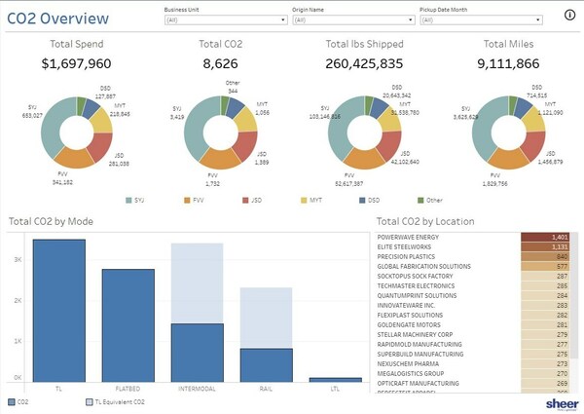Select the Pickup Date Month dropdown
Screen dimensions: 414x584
click(x=480, y=19)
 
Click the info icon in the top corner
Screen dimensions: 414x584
click(x=569, y=15)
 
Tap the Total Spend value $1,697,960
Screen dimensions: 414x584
click(x=77, y=63)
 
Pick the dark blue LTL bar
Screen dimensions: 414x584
click(x=334, y=379)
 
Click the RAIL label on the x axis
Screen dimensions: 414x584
click(x=265, y=388)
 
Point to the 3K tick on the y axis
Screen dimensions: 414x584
click(x=17, y=260)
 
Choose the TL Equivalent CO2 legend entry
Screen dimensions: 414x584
click(x=118, y=401)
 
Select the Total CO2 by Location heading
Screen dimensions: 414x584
click(x=425, y=221)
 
